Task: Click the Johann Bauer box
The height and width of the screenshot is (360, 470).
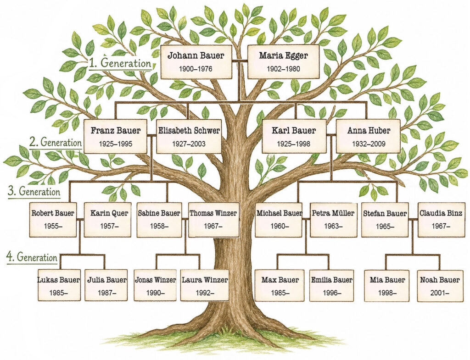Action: click(x=196, y=62)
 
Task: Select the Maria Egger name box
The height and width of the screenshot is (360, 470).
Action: click(x=283, y=62)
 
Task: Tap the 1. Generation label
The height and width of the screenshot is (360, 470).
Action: click(x=120, y=63)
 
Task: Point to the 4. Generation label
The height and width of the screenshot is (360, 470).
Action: click(x=32, y=257)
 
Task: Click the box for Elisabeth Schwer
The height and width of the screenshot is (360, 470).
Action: click(x=189, y=137)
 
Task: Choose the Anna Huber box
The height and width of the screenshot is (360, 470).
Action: click(x=368, y=136)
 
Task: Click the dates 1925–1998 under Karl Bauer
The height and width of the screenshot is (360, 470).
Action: click(x=293, y=144)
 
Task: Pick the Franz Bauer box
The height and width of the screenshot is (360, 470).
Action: click(x=115, y=137)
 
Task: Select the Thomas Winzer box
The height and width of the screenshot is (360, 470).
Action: click(x=214, y=220)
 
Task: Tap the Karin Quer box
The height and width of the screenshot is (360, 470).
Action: click(x=107, y=220)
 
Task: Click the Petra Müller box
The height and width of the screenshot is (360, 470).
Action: click(x=333, y=220)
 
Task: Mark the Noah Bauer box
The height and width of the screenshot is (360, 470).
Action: click(x=440, y=286)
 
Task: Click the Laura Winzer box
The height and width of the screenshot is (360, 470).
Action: click(x=205, y=285)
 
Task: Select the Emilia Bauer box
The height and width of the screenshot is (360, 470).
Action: click(x=331, y=285)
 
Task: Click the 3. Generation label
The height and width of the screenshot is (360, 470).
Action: click(x=34, y=191)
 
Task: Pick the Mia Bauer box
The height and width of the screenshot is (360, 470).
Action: click(x=387, y=286)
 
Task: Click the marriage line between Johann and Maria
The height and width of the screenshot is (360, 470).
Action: click(x=240, y=61)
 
